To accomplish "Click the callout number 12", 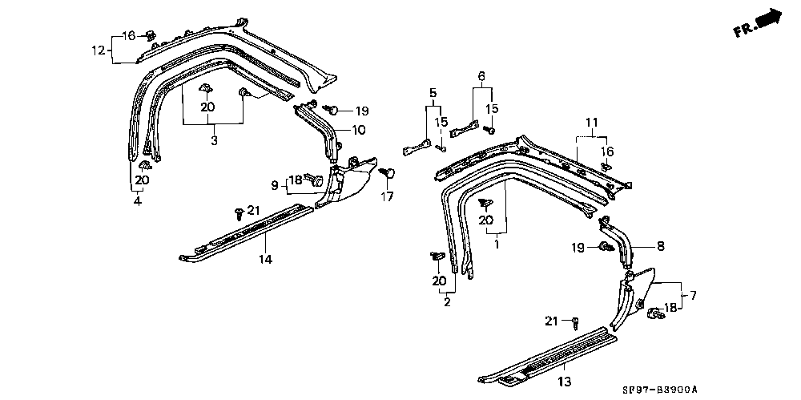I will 97,51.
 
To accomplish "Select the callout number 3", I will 214,140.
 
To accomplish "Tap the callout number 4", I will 137,201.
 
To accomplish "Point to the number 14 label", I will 265,259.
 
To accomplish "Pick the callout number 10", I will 360,130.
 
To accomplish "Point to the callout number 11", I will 591,123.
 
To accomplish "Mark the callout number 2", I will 447,302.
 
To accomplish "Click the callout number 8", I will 662,246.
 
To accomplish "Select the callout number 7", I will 694,296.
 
